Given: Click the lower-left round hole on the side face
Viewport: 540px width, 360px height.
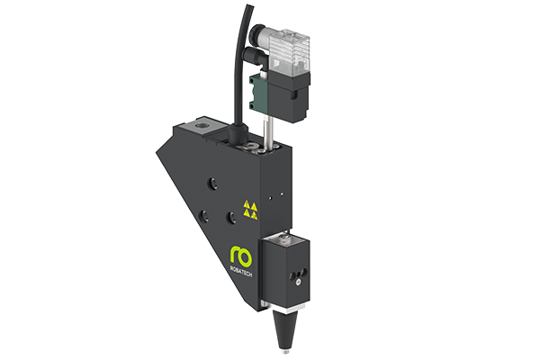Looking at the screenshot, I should tap(204, 216).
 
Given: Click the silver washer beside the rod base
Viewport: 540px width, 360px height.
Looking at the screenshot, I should tap(260, 142).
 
